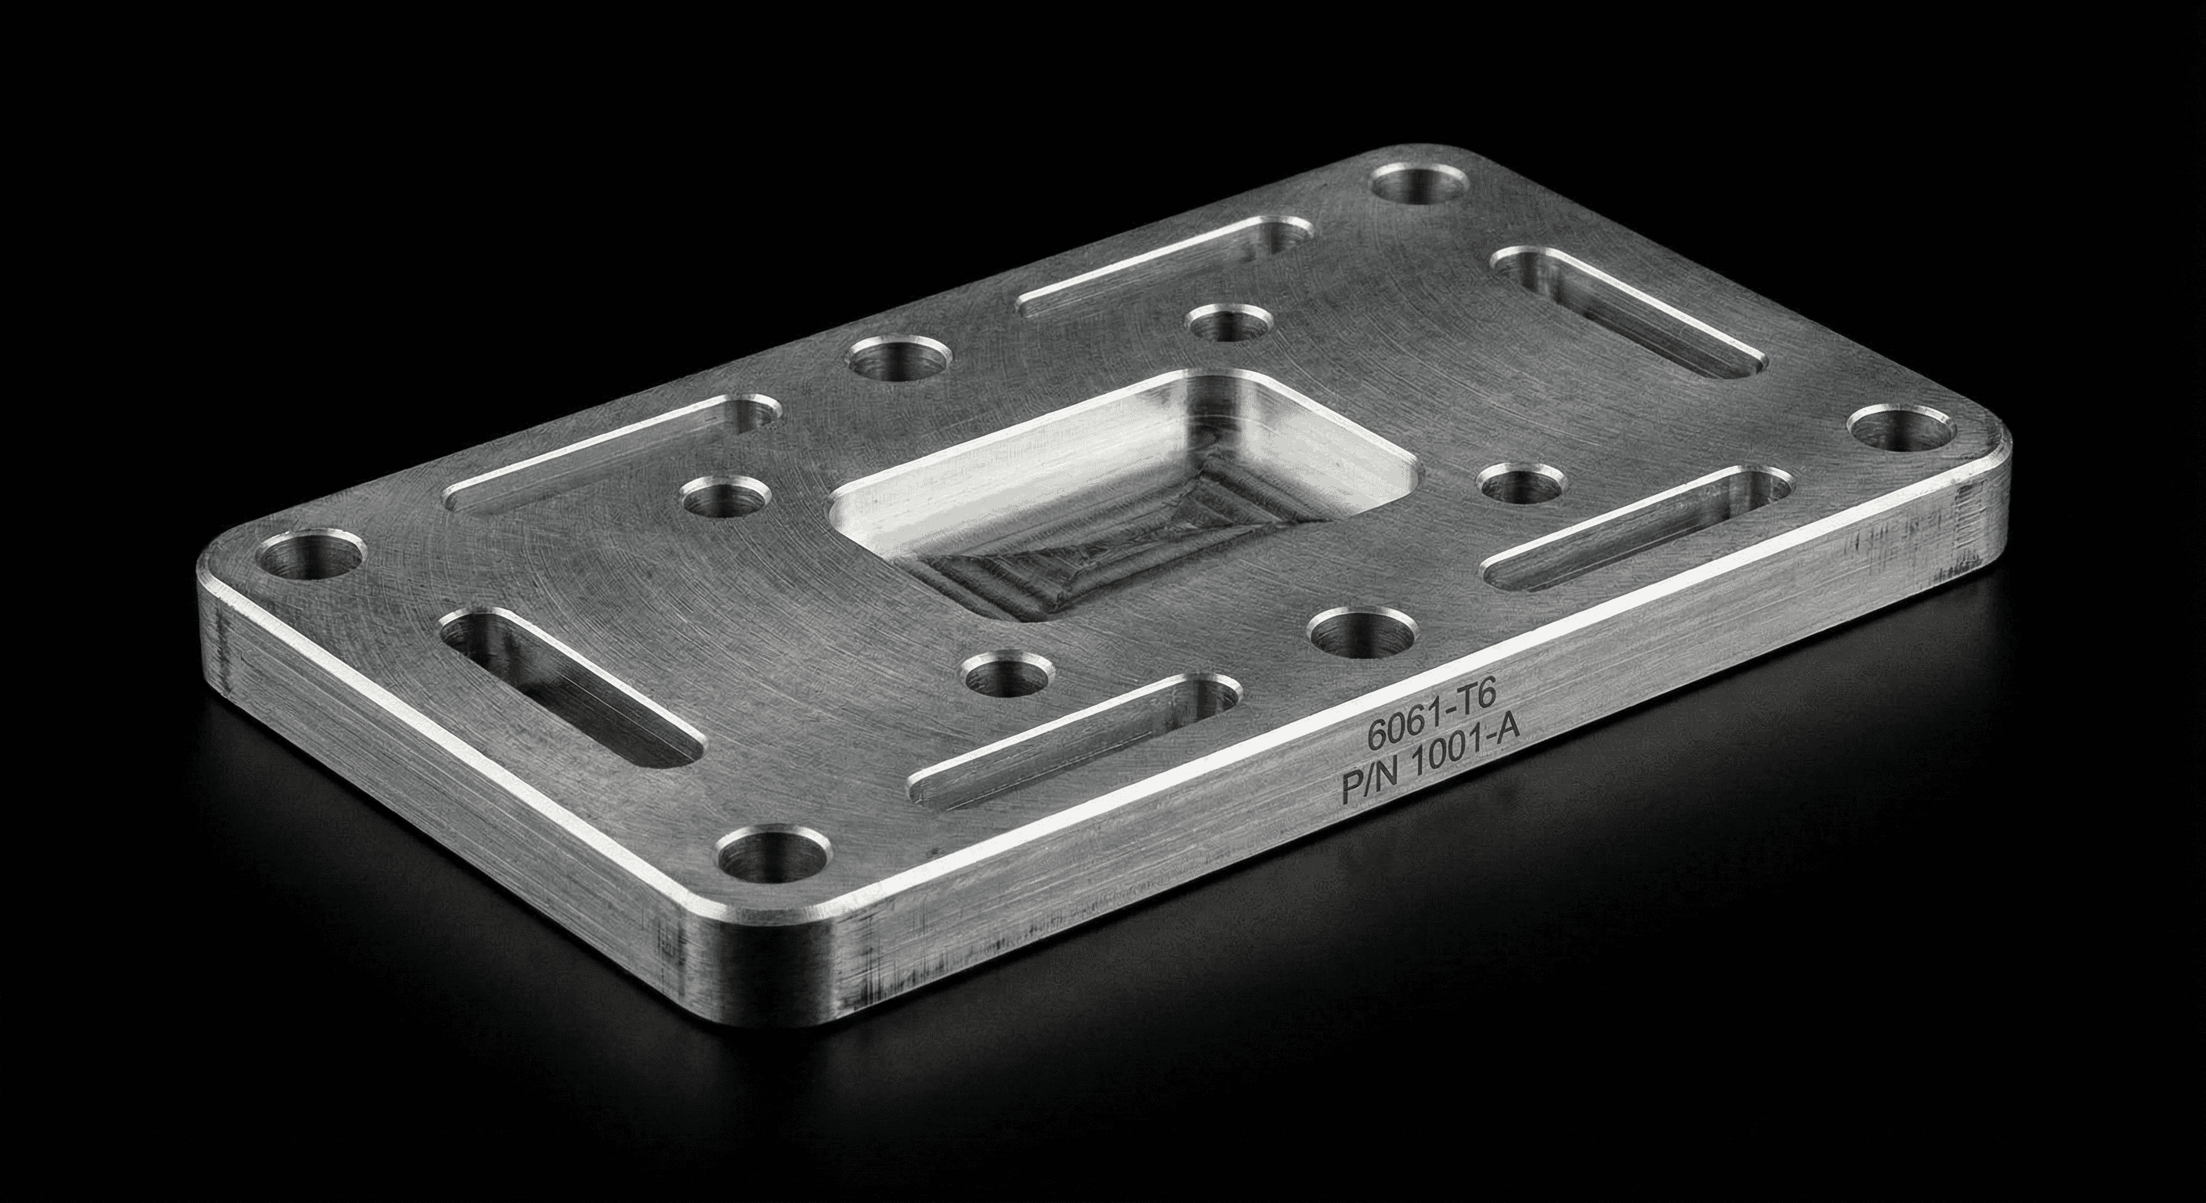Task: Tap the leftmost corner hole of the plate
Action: click(x=311, y=558)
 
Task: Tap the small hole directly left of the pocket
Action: click(x=726, y=497)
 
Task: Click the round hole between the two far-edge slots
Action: click(x=901, y=359)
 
